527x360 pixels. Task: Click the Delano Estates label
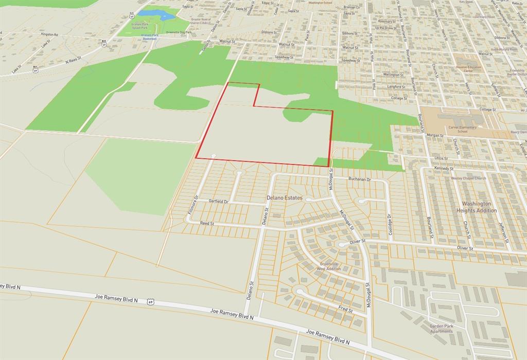pos(284,197)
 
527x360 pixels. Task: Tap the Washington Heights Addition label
pos(476,207)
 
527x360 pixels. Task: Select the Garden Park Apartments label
pos(442,329)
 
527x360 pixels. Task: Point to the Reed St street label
pos(207,224)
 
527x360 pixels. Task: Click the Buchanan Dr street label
pos(359,179)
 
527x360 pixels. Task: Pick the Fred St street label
pos(345,310)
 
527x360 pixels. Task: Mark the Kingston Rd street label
pos(50,34)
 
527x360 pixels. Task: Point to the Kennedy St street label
pos(443,168)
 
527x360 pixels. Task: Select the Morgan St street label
pos(434,135)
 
